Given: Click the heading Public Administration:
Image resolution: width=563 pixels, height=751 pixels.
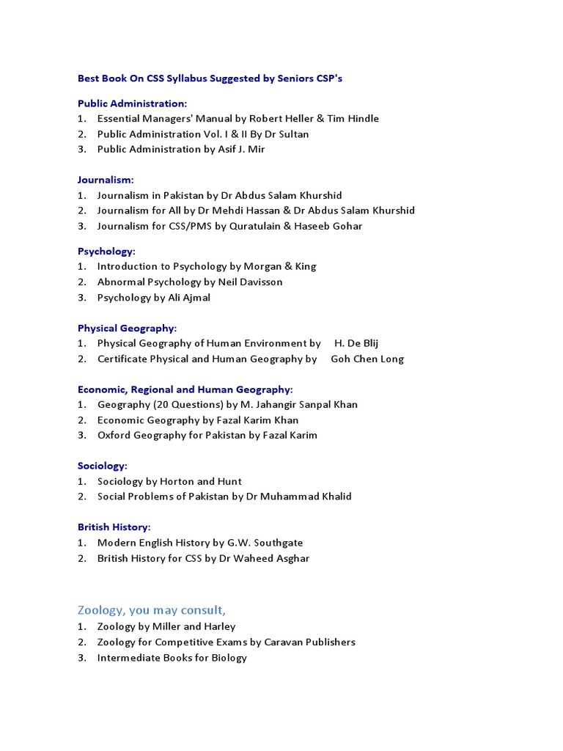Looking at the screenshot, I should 133,103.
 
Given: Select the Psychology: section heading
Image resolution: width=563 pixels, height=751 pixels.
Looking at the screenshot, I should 107,251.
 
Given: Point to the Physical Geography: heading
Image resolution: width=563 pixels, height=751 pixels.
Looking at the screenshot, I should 128,328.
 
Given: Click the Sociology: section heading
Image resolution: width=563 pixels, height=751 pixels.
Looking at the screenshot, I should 103,466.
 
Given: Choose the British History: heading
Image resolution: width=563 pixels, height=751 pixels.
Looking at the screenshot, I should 114,527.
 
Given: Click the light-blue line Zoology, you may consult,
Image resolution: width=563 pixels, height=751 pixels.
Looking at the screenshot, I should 152,610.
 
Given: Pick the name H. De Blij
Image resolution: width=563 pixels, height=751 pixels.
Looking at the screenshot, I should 356,343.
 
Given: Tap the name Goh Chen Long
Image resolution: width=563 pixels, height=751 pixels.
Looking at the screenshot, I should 367,359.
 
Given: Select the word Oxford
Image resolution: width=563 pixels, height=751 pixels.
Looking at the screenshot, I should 113,435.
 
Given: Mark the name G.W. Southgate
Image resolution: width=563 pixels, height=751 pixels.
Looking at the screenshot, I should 266,543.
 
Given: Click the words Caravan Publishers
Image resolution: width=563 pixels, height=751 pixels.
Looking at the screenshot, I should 310,642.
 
